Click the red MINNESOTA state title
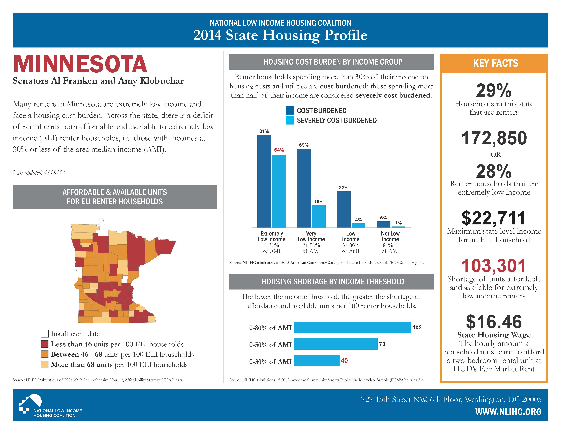click(80, 64)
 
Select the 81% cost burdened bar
click(264, 181)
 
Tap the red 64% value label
click(279, 150)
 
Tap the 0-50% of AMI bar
click(336, 344)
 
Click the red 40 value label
click(344, 361)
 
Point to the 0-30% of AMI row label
click(270, 361)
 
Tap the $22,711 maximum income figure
click(494, 218)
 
